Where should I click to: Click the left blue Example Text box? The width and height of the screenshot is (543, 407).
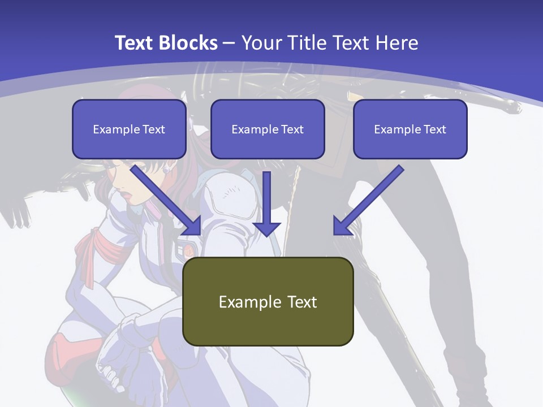129,129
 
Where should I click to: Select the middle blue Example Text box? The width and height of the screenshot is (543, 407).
268,129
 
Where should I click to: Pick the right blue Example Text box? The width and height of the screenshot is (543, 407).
410,129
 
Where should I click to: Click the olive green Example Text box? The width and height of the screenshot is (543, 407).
268,301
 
